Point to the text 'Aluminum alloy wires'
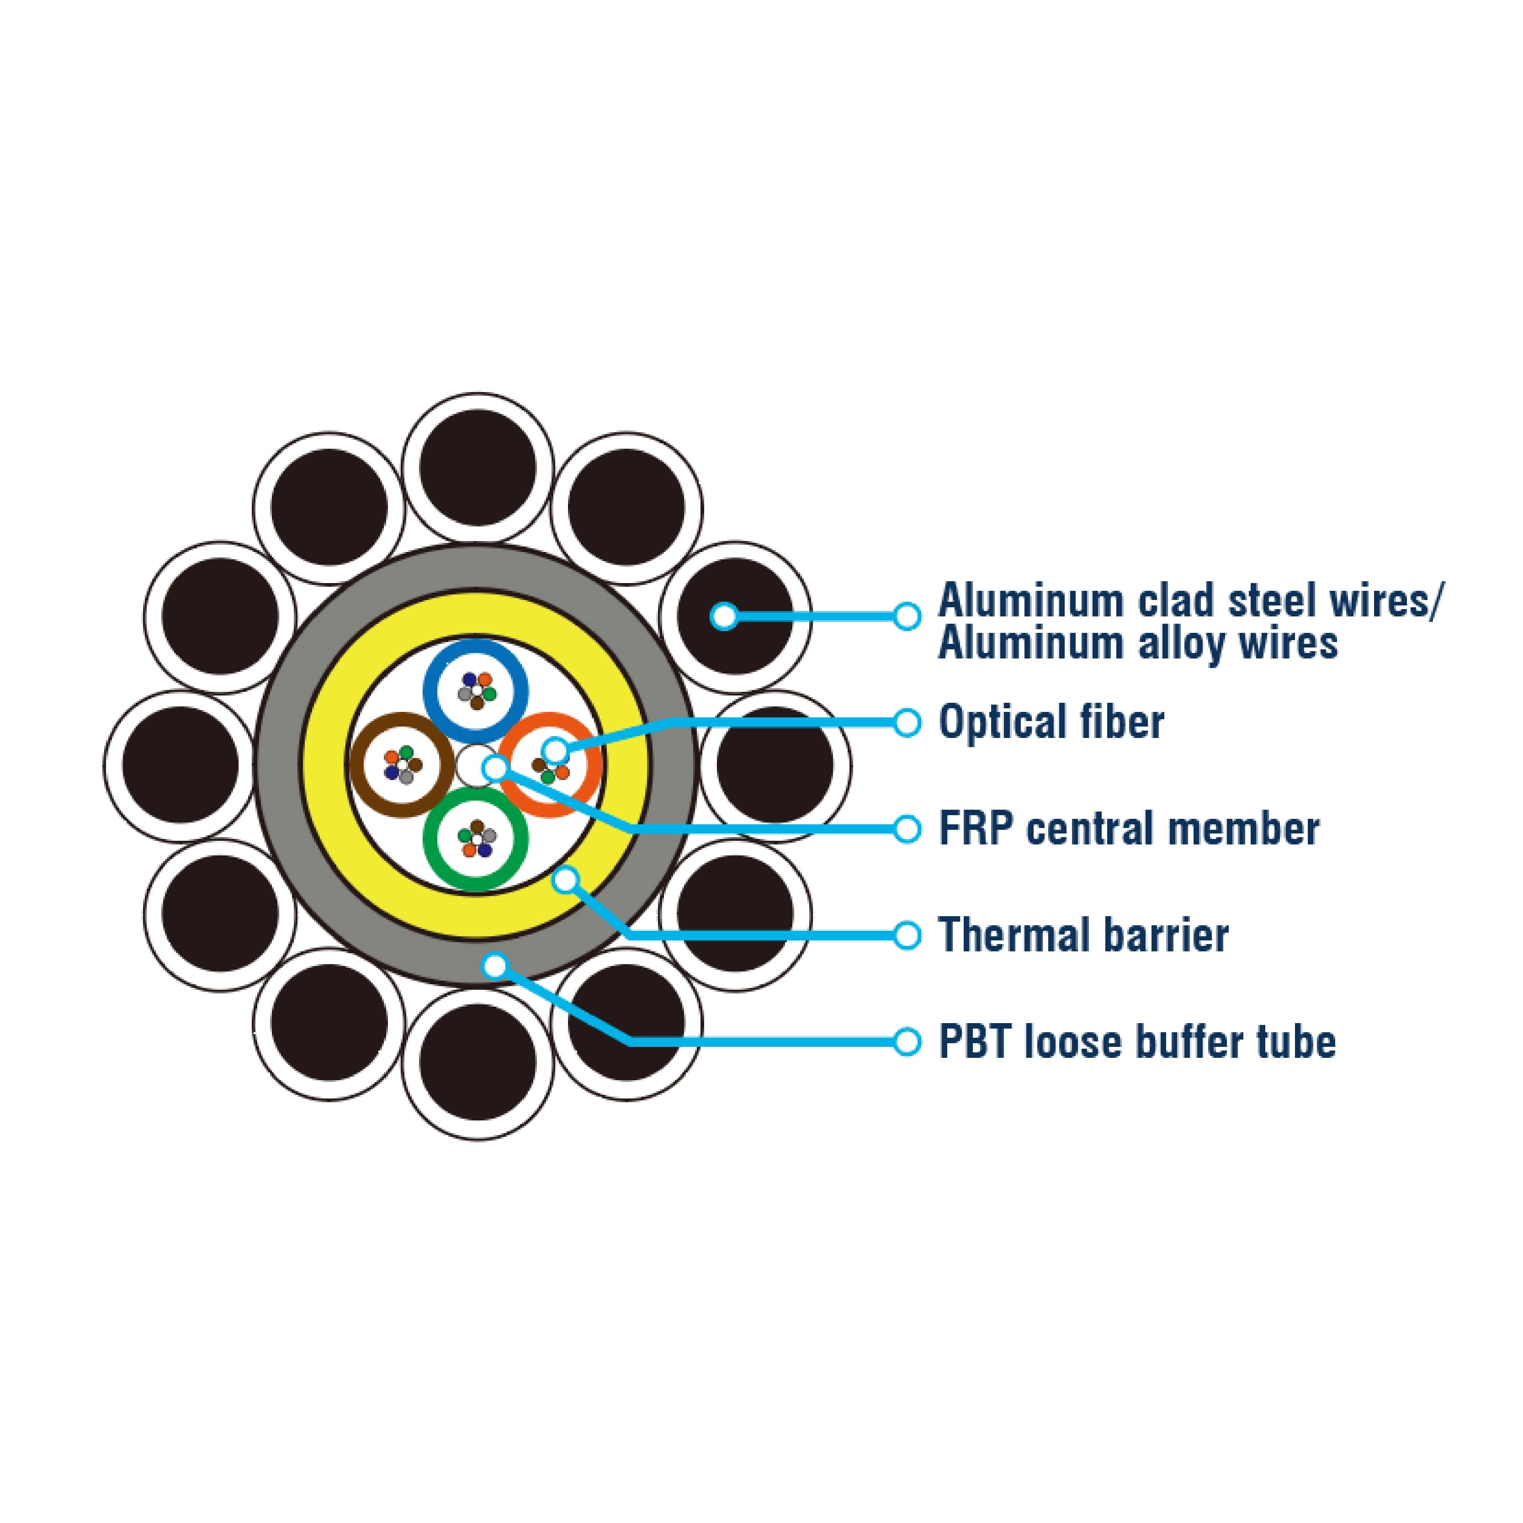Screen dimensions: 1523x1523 (x=1137, y=643)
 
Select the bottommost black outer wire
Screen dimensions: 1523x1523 (x=478, y=1063)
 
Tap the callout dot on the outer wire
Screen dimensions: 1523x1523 (x=724, y=616)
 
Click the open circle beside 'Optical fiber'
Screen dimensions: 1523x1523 (x=907, y=722)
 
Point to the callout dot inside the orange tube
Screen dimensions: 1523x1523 (x=555, y=750)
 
